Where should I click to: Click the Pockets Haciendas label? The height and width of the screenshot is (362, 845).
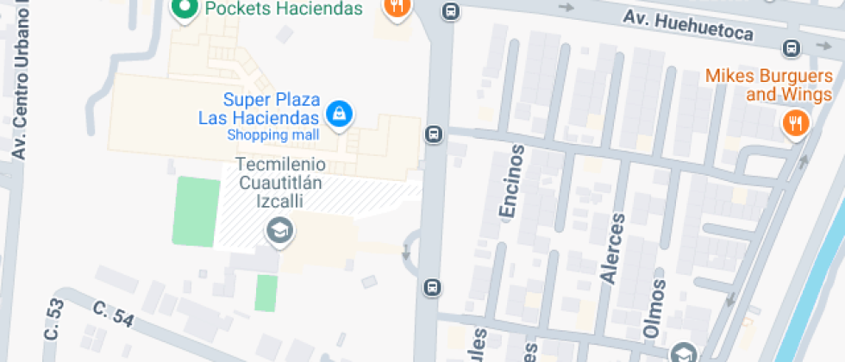click(x=272, y=9)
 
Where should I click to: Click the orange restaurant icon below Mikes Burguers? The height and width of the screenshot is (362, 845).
click(x=794, y=122)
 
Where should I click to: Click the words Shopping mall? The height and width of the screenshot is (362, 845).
click(x=272, y=135)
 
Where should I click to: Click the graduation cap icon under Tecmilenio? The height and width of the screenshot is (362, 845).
click(x=279, y=230)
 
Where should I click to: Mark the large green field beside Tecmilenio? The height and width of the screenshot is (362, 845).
click(x=194, y=210)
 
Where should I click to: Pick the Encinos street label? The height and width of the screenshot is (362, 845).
click(x=511, y=181)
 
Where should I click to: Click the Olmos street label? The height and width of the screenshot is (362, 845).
click(x=655, y=308)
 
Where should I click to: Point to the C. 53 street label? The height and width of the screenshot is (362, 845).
click(x=53, y=319)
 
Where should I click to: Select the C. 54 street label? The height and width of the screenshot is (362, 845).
click(x=113, y=314)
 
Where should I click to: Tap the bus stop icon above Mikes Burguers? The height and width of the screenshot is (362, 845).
click(x=791, y=47)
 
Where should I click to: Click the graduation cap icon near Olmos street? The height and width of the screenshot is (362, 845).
click(x=684, y=352)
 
